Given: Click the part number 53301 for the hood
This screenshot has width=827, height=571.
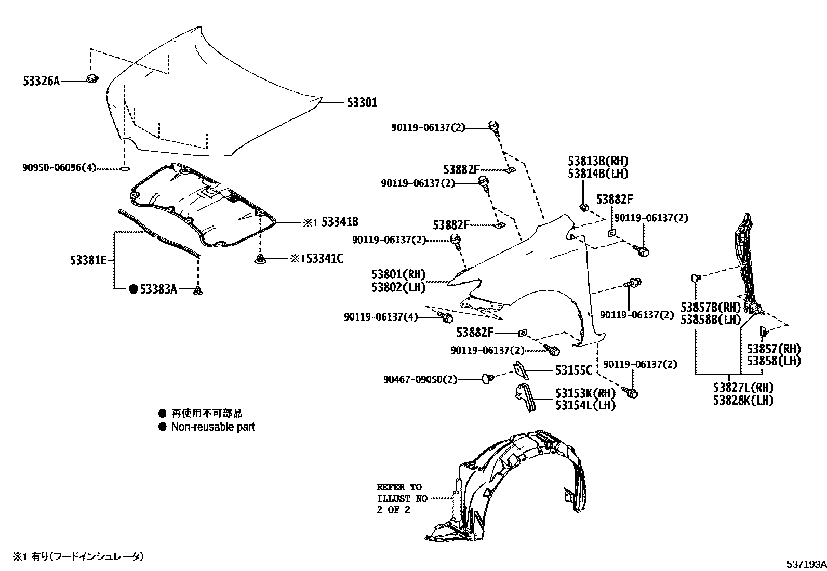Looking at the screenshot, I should tap(362, 103).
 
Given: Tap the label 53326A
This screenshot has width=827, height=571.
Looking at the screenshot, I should tap(42, 81).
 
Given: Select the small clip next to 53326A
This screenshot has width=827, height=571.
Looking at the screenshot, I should tap(93, 79).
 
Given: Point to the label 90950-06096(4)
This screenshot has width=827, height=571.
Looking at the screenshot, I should tap(59, 168).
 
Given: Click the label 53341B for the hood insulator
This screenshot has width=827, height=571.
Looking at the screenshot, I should tap(340, 222).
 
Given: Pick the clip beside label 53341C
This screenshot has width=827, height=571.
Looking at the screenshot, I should tap(260, 258).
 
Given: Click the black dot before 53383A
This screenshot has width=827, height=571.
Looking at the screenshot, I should tap(133, 289).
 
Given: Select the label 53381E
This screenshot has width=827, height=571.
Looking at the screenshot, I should tap(89, 260).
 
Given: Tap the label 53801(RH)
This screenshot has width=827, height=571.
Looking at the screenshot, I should tap(398, 274).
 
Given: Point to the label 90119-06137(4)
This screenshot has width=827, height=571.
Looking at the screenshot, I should tap(380, 316).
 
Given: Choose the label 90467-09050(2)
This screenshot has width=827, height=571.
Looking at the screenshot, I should tap(421, 379).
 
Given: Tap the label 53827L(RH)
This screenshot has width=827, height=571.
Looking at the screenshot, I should tap(743, 388).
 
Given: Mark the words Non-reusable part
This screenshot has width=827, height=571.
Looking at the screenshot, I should tap(212, 427).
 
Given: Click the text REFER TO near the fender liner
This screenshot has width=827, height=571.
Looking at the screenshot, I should tap(399, 487).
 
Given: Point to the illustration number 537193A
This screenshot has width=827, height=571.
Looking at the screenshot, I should tap(805, 563).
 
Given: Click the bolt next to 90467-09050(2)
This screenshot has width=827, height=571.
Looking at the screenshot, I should tap(487, 378).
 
